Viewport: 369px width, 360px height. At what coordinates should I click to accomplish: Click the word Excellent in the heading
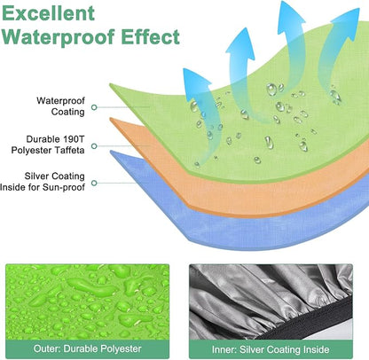pyautogui.click(x=48, y=13)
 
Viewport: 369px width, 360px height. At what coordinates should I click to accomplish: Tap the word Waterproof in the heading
pyautogui.click(x=58, y=37)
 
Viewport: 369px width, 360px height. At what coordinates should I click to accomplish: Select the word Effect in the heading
pyautogui.click(x=150, y=36)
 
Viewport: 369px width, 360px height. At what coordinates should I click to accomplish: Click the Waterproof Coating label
pyautogui.click(x=60, y=106)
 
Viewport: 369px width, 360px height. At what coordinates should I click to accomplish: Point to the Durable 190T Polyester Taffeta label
pyautogui.click(x=48, y=145)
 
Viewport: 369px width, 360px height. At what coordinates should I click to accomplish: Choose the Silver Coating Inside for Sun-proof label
pyautogui.click(x=43, y=182)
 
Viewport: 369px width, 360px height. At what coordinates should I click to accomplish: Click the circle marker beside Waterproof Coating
pyautogui.click(x=94, y=107)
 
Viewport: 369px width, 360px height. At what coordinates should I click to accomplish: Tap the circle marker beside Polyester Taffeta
pyautogui.click(x=94, y=146)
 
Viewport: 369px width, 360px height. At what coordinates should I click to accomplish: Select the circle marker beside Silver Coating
pyautogui.click(x=94, y=184)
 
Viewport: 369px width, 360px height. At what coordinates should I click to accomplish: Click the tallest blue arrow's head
pyautogui.click(x=290, y=13)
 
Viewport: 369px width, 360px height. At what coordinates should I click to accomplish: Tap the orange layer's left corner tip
pyautogui.click(x=110, y=119)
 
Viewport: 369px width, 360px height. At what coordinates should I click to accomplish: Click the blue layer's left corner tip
pyautogui.click(x=111, y=152)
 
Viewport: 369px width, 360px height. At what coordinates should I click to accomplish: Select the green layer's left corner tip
pyautogui.click(x=110, y=85)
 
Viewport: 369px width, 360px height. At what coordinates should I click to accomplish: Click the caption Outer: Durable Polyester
pyautogui.click(x=88, y=348)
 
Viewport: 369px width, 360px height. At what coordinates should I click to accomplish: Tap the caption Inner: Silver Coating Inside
pyautogui.click(x=271, y=349)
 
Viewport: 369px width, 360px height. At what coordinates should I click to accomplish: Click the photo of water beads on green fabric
pyautogui.click(x=88, y=302)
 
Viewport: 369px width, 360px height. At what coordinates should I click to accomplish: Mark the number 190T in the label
pyautogui.click(x=74, y=139)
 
